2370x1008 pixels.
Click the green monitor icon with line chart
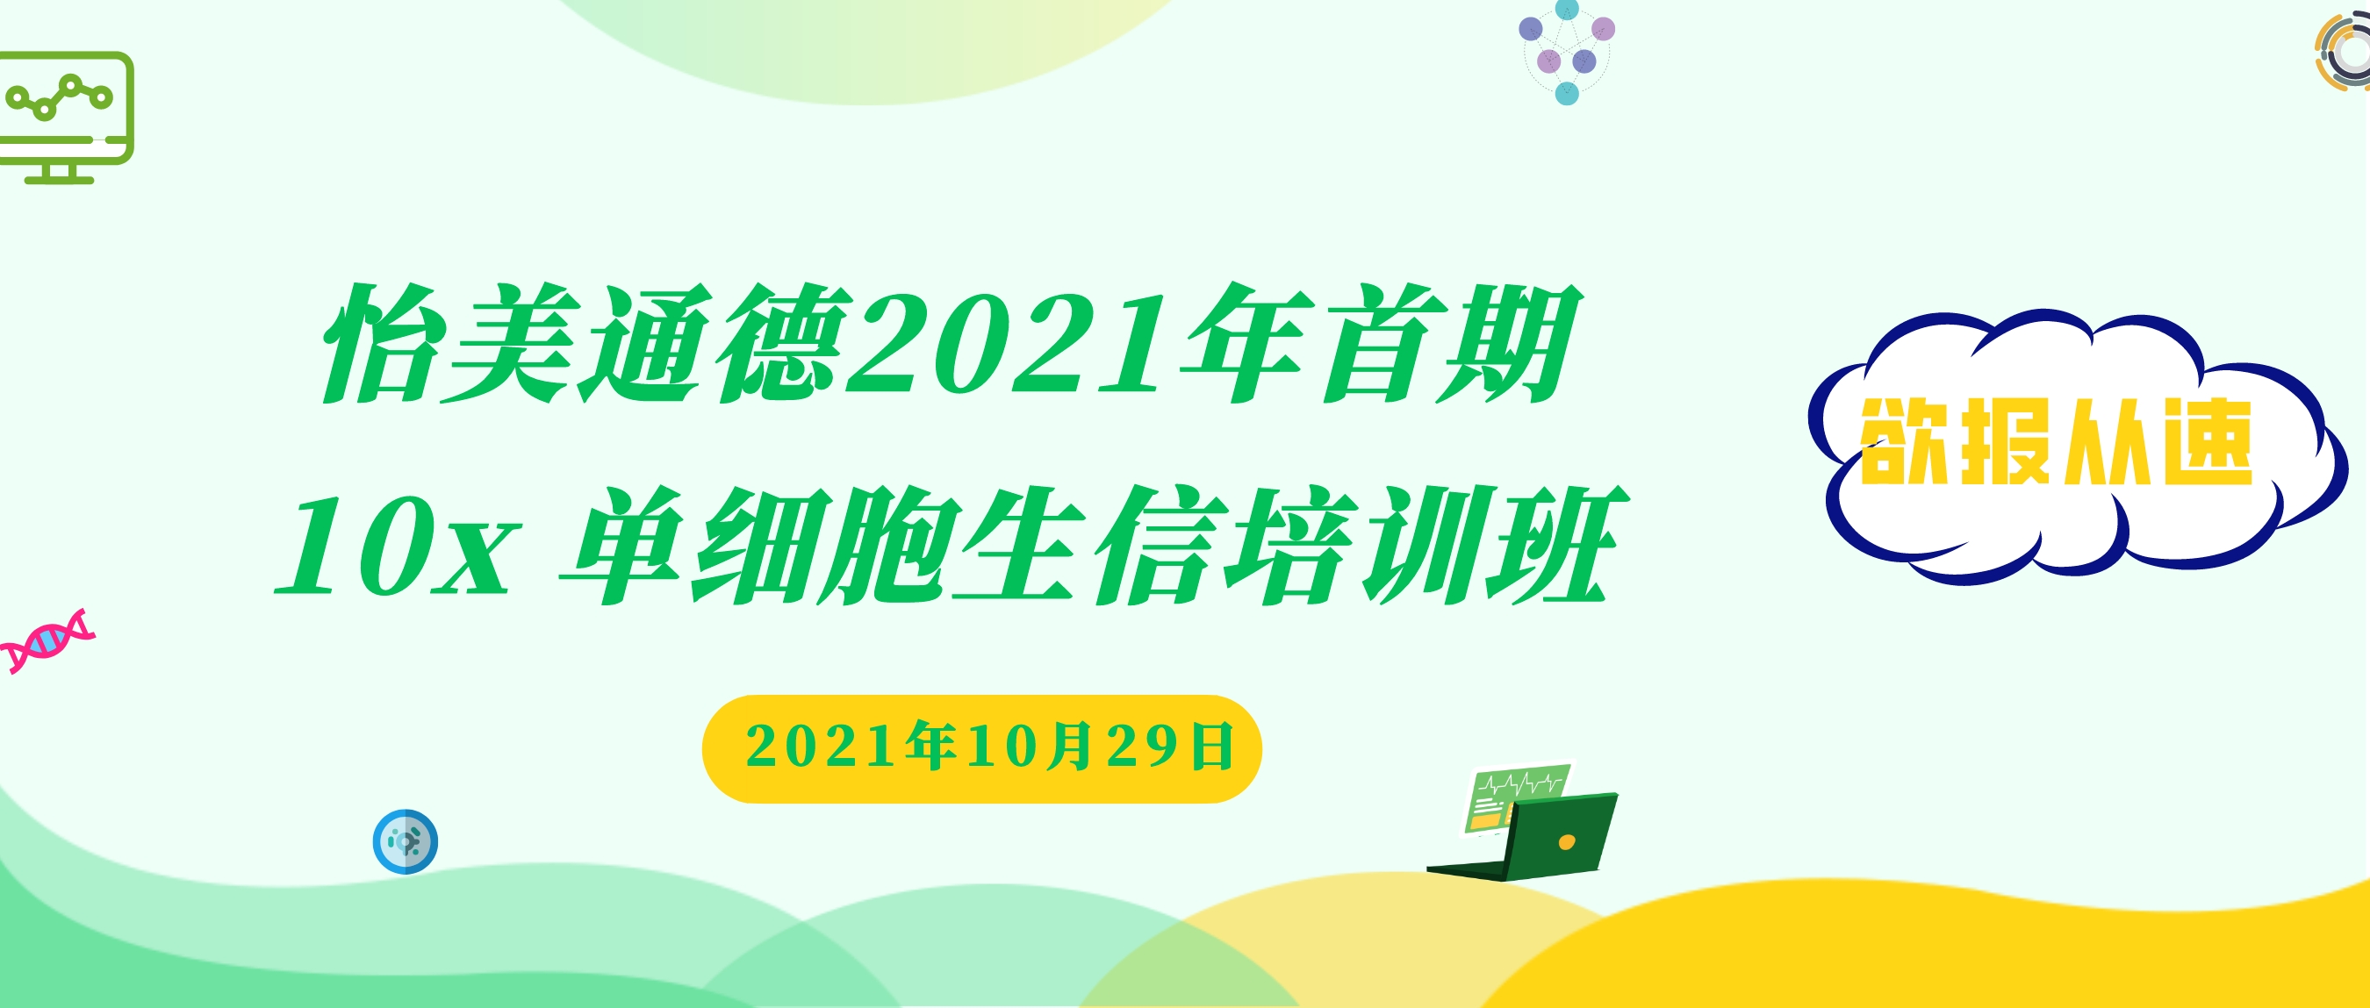click(x=66, y=117)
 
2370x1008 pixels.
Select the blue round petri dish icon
click(x=406, y=841)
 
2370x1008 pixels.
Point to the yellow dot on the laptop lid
click(x=1567, y=841)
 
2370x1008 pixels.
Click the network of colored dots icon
click(x=1567, y=53)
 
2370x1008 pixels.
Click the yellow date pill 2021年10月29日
click(x=981, y=748)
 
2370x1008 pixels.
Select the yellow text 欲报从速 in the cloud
click(x=2057, y=442)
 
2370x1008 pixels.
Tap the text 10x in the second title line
click(x=396, y=546)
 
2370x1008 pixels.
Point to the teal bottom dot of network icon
click(x=1567, y=93)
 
